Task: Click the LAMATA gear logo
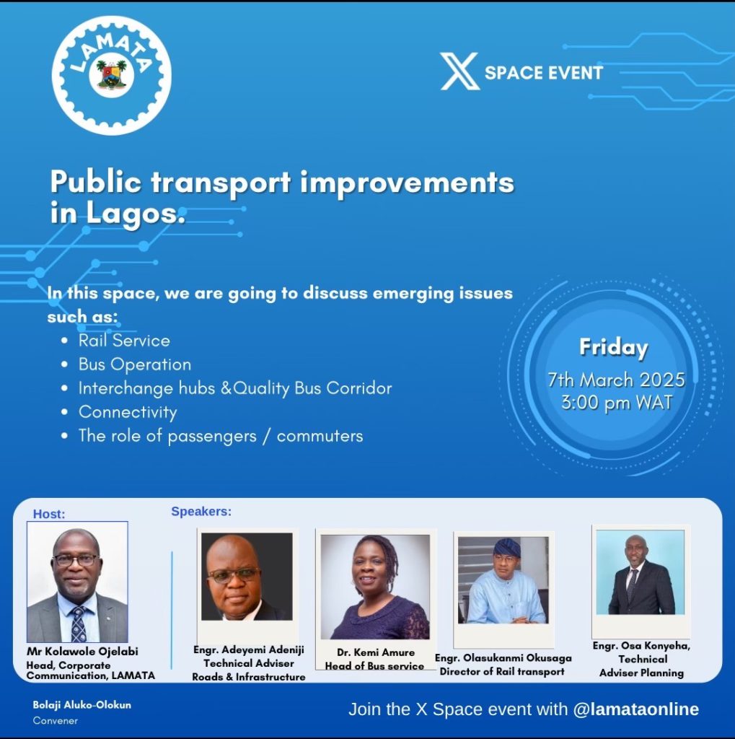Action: (x=112, y=75)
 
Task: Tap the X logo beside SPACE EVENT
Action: (x=459, y=71)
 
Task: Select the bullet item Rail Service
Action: (x=124, y=341)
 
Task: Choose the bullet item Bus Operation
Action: (x=135, y=364)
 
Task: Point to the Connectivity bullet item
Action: (x=128, y=412)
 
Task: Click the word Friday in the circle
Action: (x=613, y=348)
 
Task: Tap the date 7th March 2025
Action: (x=616, y=380)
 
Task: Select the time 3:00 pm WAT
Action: (x=617, y=403)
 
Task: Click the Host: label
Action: (x=49, y=514)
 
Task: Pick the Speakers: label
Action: (x=201, y=512)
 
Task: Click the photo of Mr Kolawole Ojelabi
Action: (x=77, y=582)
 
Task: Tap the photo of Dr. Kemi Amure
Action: (x=375, y=587)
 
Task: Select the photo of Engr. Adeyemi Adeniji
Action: (x=247, y=577)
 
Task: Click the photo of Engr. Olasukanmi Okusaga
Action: (x=503, y=580)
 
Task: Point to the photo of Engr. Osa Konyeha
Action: (x=641, y=572)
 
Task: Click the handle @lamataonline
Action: (x=636, y=709)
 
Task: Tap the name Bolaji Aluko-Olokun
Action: (x=82, y=705)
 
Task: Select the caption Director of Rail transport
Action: (x=502, y=672)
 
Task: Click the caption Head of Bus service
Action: (x=374, y=666)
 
